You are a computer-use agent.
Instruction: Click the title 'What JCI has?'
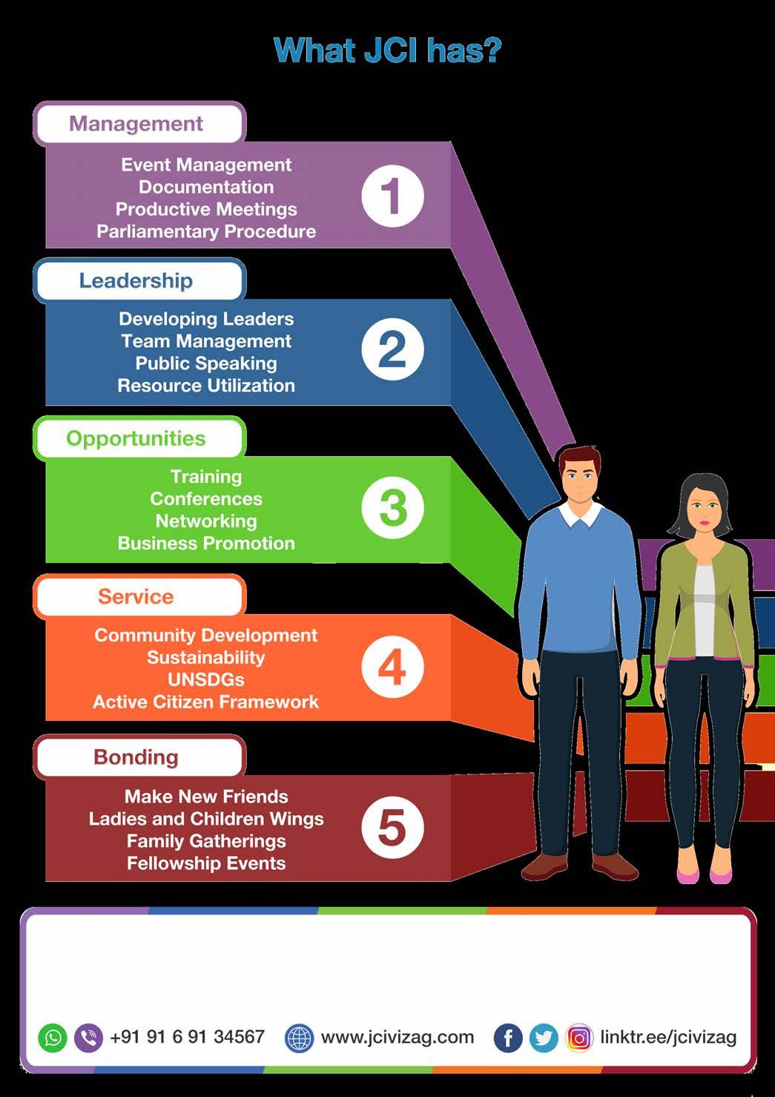pos(387,50)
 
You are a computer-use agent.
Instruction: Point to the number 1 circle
pos(392,197)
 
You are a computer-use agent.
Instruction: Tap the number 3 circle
pos(392,508)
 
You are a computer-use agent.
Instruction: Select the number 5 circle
pos(392,827)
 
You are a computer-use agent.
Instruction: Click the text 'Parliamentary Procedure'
pos(206,231)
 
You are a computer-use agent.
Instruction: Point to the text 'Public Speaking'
pos(206,363)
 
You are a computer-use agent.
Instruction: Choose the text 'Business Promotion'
pos(206,543)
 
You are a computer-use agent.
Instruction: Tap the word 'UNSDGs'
pos(206,679)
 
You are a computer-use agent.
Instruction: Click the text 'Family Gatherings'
pos(206,841)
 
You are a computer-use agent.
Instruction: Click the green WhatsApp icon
pos(53,1037)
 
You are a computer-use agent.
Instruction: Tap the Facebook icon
pos(508,1038)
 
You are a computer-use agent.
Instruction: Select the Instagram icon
pos(579,1038)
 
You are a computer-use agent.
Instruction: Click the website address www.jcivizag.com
pos(397,1037)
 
